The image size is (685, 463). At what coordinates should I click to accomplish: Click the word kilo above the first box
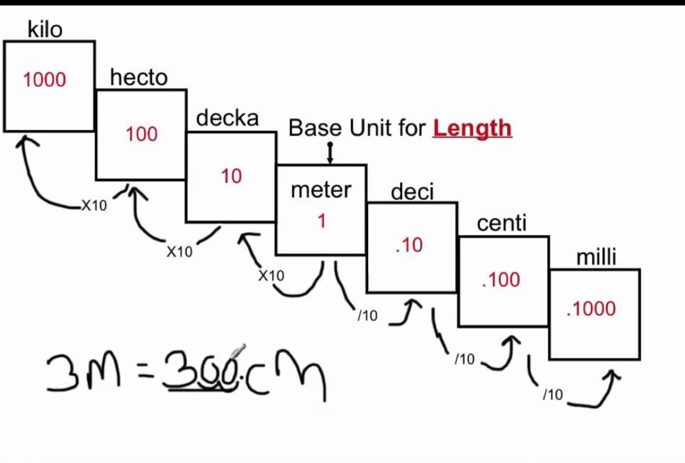point(45,29)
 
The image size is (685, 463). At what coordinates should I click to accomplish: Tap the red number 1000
point(45,80)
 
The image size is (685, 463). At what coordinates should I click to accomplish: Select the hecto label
point(139,77)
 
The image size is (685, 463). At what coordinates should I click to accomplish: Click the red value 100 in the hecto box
point(142,134)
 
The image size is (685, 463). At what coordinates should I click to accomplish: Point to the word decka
point(227,118)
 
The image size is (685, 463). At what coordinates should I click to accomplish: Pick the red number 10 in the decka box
point(231,176)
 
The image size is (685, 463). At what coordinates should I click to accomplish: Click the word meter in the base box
point(321,190)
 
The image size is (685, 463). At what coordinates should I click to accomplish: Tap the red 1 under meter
point(321,221)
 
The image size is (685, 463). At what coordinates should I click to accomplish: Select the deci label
point(412,192)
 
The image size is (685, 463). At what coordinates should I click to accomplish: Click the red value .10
point(409,245)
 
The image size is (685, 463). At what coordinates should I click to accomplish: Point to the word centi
point(501,224)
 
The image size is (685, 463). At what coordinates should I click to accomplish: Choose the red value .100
point(501,280)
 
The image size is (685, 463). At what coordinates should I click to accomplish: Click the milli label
point(597,257)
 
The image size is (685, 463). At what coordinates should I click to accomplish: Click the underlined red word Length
point(472,128)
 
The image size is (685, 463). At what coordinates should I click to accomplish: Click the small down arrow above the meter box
point(329,153)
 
